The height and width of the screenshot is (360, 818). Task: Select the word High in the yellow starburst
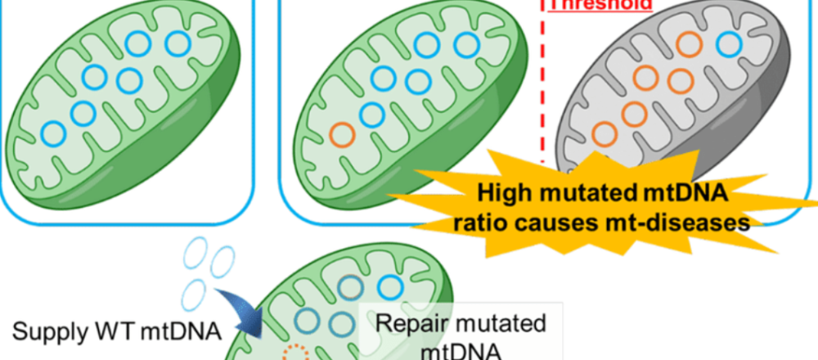[506, 193]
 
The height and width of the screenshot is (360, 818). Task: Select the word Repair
[411, 322]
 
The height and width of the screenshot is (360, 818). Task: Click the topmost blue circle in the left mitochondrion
[178, 44]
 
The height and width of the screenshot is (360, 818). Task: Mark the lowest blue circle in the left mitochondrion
[53, 131]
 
